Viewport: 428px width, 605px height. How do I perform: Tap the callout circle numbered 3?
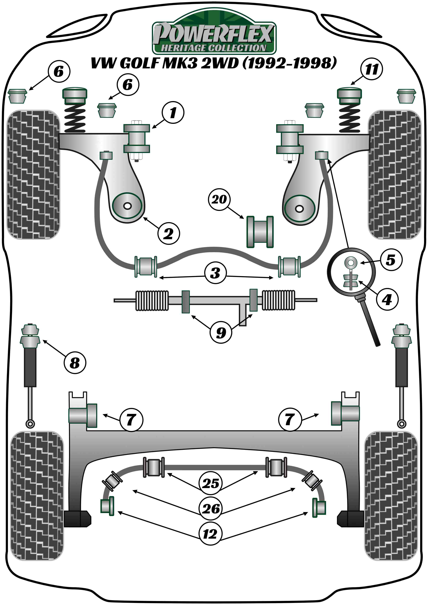[215, 272]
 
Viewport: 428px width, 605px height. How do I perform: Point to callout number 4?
[387, 299]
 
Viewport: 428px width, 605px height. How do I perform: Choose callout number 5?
[391, 260]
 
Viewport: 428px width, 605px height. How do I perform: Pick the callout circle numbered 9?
[221, 332]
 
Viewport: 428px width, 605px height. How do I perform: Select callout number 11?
[372, 70]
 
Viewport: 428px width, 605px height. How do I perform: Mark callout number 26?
[211, 508]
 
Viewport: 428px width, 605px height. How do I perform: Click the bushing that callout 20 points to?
[260, 232]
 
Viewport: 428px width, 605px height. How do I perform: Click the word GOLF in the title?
[139, 63]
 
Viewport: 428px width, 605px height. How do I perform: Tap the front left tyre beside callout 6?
[33, 174]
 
